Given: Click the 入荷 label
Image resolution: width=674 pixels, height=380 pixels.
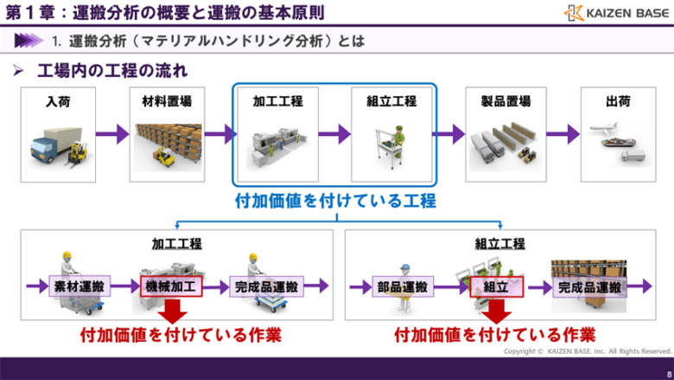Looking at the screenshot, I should pos(59,101).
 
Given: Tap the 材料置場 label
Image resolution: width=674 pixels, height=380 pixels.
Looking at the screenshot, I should pos(167,101).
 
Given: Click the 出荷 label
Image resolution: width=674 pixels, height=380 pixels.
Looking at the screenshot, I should pos(618,101).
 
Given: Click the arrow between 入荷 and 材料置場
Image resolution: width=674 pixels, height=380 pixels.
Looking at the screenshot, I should pos(111,134).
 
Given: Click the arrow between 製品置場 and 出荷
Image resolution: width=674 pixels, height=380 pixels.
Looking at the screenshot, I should pos(562,134).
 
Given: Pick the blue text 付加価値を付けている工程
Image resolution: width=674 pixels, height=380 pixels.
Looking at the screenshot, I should pos(335,201).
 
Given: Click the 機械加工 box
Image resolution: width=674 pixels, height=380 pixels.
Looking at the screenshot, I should pos(170,286).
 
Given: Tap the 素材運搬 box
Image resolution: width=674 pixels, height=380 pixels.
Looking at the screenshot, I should pos(79,286).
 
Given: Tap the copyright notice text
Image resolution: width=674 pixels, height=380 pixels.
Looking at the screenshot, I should pos(588,351).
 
